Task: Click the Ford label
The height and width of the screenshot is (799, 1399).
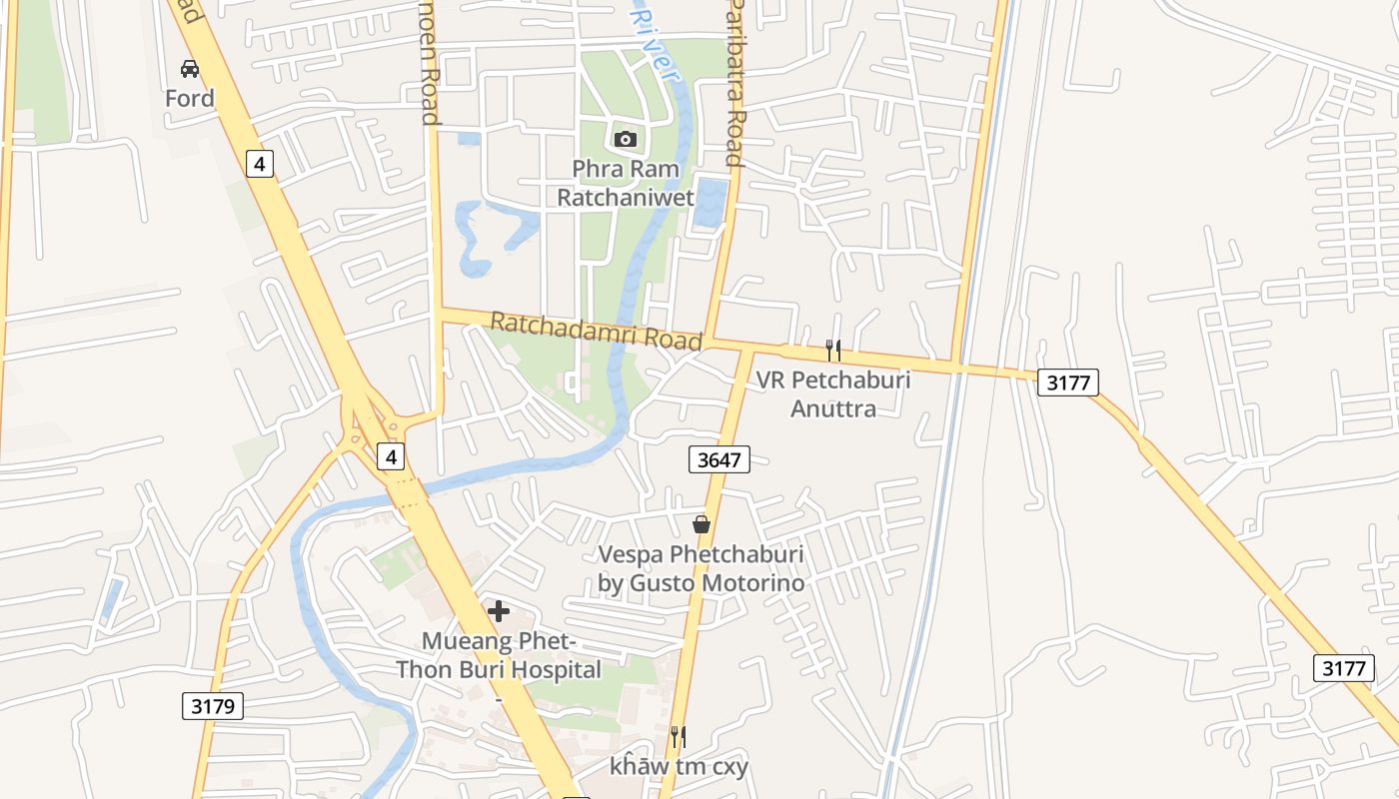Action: (190, 98)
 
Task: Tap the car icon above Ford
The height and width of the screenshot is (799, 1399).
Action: (190, 69)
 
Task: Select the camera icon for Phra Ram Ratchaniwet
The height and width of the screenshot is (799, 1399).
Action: (626, 139)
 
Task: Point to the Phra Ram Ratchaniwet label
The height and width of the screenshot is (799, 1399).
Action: (626, 183)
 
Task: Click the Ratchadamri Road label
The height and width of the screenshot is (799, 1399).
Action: (597, 331)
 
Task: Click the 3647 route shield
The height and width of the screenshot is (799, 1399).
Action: (718, 459)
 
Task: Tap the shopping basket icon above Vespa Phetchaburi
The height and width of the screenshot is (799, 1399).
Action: (701, 524)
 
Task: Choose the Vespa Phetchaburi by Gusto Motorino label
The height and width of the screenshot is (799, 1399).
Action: (701, 567)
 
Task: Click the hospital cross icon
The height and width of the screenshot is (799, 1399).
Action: (499, 610)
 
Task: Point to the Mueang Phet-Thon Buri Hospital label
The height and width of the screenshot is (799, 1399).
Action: (499, 655)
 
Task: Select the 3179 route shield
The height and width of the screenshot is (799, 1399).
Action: (213, 706)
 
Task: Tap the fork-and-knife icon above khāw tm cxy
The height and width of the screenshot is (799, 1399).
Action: (678, 737)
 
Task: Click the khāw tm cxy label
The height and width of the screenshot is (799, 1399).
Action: (680, 766)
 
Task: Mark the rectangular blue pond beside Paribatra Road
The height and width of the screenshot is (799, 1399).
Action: (709, 201)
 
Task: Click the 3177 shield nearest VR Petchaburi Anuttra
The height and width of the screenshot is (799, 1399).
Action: (1068, 382)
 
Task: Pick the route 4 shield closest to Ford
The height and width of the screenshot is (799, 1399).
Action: (260, 163)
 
